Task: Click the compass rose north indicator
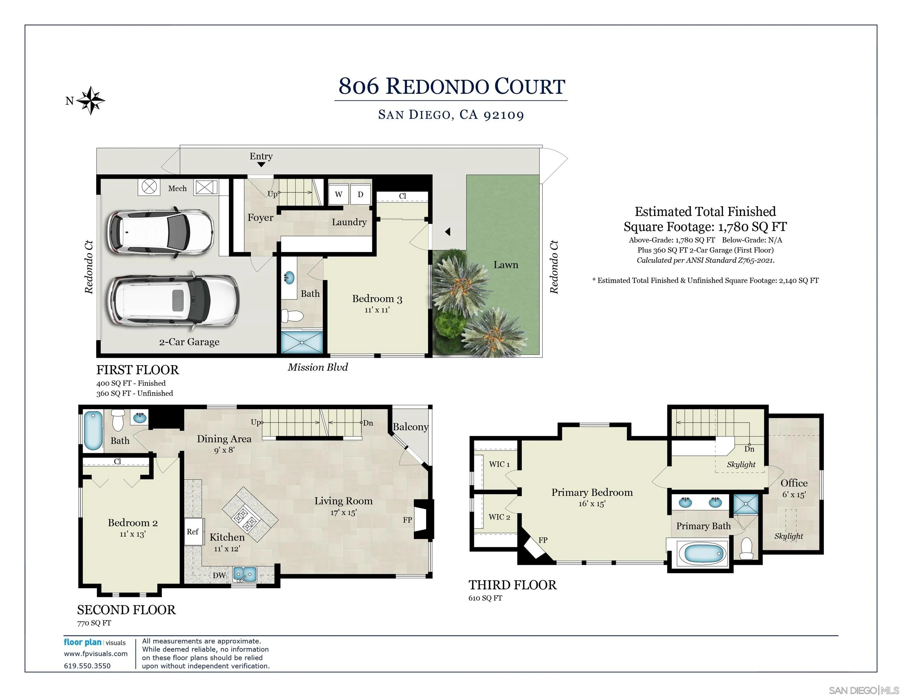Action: [90, 100]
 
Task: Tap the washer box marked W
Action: [339, 194]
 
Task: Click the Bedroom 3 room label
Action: [377, 299]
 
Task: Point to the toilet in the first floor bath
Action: [292, 316]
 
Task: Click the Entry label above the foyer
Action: [261, 156]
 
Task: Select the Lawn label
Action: [506, 265]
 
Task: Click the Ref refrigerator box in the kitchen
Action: [192, 532]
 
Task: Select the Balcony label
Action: [410, 427]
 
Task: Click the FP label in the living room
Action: [407, 520]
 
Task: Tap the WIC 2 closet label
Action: [499, 517]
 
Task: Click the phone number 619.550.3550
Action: [87, 666]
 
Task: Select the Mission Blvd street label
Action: [318, 367]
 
